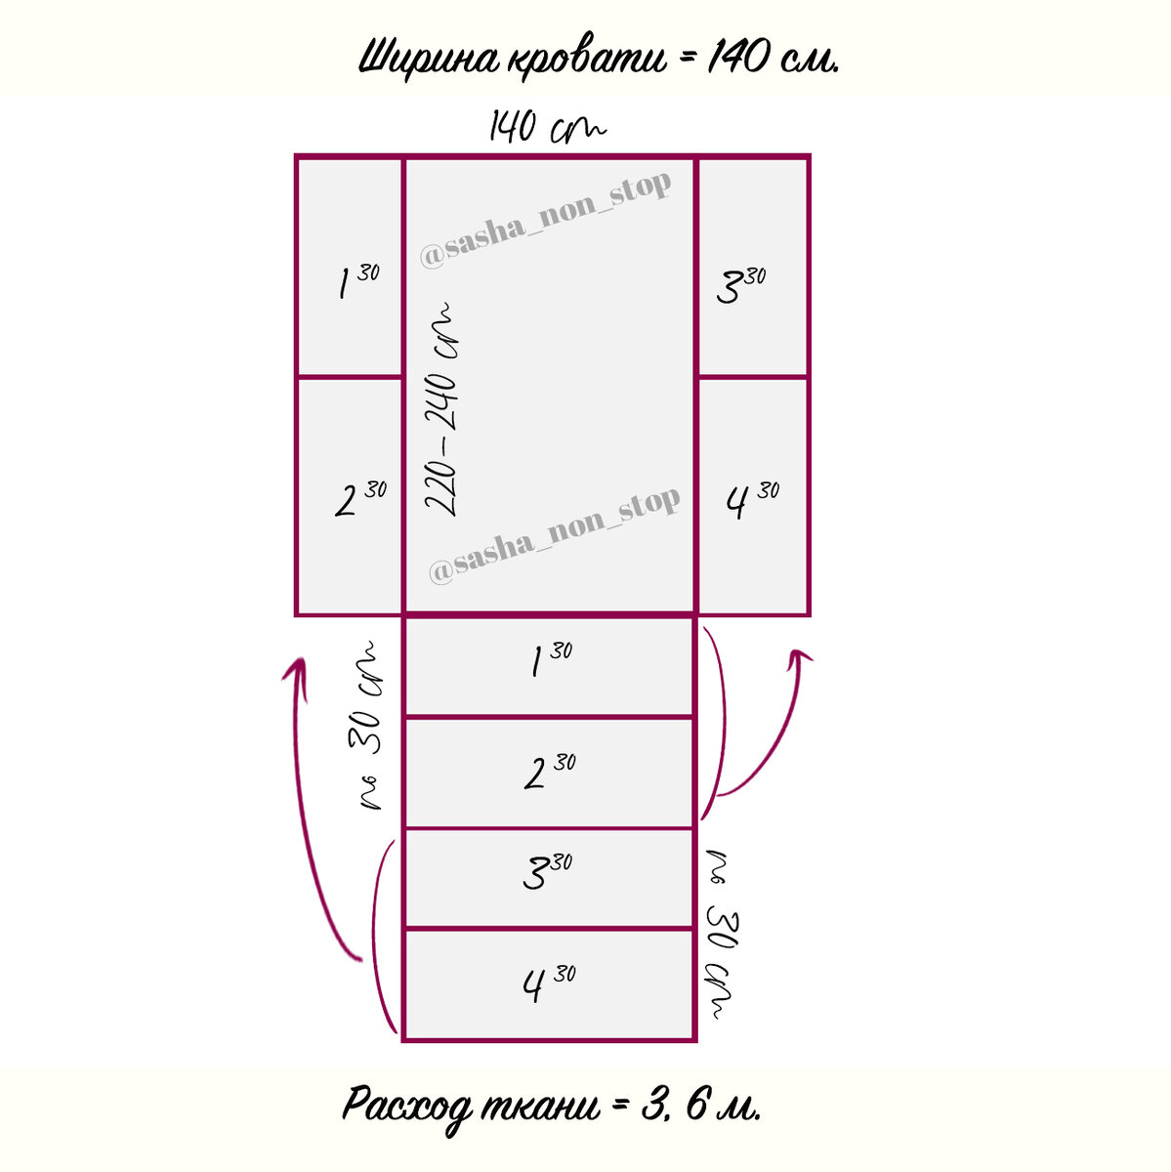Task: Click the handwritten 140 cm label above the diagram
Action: coord(547,128)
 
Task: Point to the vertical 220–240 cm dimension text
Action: coord(444,410)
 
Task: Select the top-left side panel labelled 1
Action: coord(350,266)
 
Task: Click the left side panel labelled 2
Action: coord(350,496)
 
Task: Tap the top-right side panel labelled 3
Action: coord(753,266)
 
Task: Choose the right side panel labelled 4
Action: coord(753,496)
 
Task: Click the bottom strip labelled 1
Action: coord(549,666)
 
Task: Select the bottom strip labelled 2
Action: coord(549,773)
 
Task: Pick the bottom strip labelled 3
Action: coord(549,877)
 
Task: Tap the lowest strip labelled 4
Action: coord(549,984)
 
